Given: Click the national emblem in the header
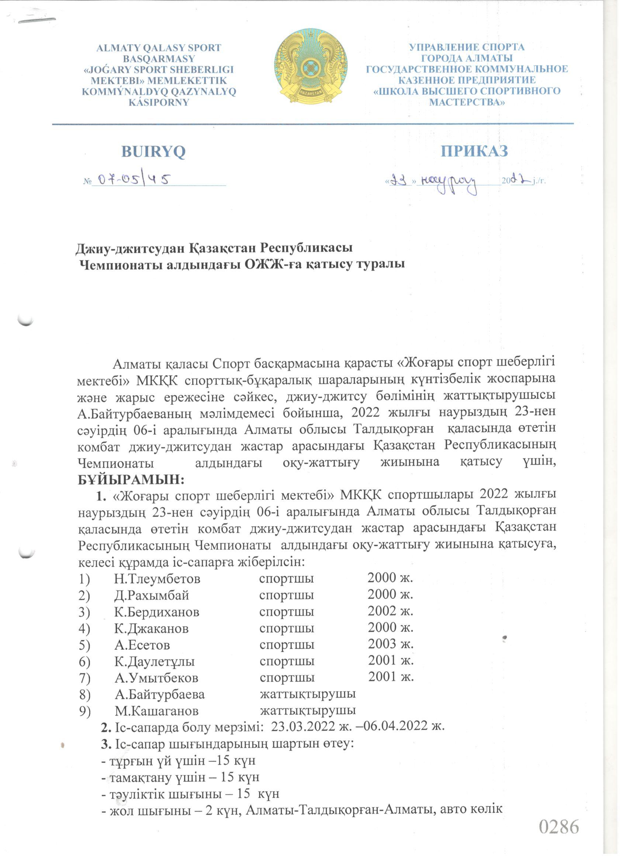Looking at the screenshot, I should tap(311, 69).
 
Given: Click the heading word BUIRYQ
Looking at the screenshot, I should tap(153, 151).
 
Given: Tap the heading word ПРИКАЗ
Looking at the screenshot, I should tap(474, 151).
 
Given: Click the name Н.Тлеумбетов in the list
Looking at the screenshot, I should tap(157, 579).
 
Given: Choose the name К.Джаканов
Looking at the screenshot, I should tap(151, 628).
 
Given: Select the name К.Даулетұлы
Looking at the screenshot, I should tap(155, 661).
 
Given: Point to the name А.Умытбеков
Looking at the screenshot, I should tap(156, 677).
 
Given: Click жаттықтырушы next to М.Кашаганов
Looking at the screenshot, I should tap(308, 710).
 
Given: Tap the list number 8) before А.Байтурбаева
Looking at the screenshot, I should tap(84, 694).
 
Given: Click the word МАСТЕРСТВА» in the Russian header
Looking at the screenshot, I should tap(467, 102).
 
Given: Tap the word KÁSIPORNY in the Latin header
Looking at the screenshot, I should tap(159, 102).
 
